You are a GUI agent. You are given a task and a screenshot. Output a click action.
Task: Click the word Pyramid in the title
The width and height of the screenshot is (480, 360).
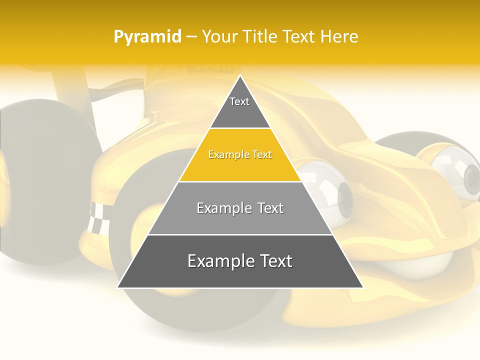pyautogui.click(x=147, y=37)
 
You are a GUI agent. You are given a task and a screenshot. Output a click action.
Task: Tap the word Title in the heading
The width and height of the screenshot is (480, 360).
pyautogui.click(x=260, y=36)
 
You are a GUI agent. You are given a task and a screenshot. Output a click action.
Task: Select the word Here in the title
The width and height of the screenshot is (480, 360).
pyautogui.click(x=339, y=36)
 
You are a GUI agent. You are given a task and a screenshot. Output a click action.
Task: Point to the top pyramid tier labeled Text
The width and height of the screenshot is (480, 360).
pyautogui.click(x=239, y=107)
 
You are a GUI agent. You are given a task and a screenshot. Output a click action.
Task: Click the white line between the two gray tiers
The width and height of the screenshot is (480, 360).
pyautogui.click(x=240, y=234)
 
